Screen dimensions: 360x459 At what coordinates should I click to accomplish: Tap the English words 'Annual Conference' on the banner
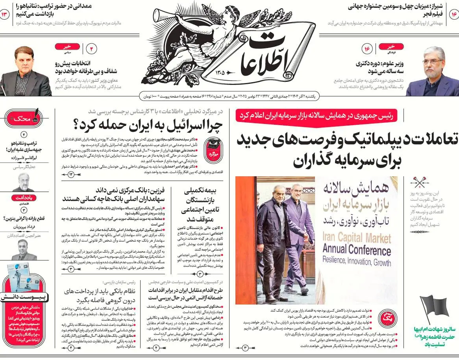(357, 249)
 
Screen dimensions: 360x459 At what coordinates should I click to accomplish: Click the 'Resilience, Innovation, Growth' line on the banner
(357, 260)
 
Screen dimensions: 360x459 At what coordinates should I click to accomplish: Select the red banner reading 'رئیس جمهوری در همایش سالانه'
(317, 116)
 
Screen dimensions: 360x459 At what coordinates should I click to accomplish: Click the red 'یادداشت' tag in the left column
(24, 198)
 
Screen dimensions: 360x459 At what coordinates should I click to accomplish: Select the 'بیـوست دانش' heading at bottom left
(24, 297)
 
